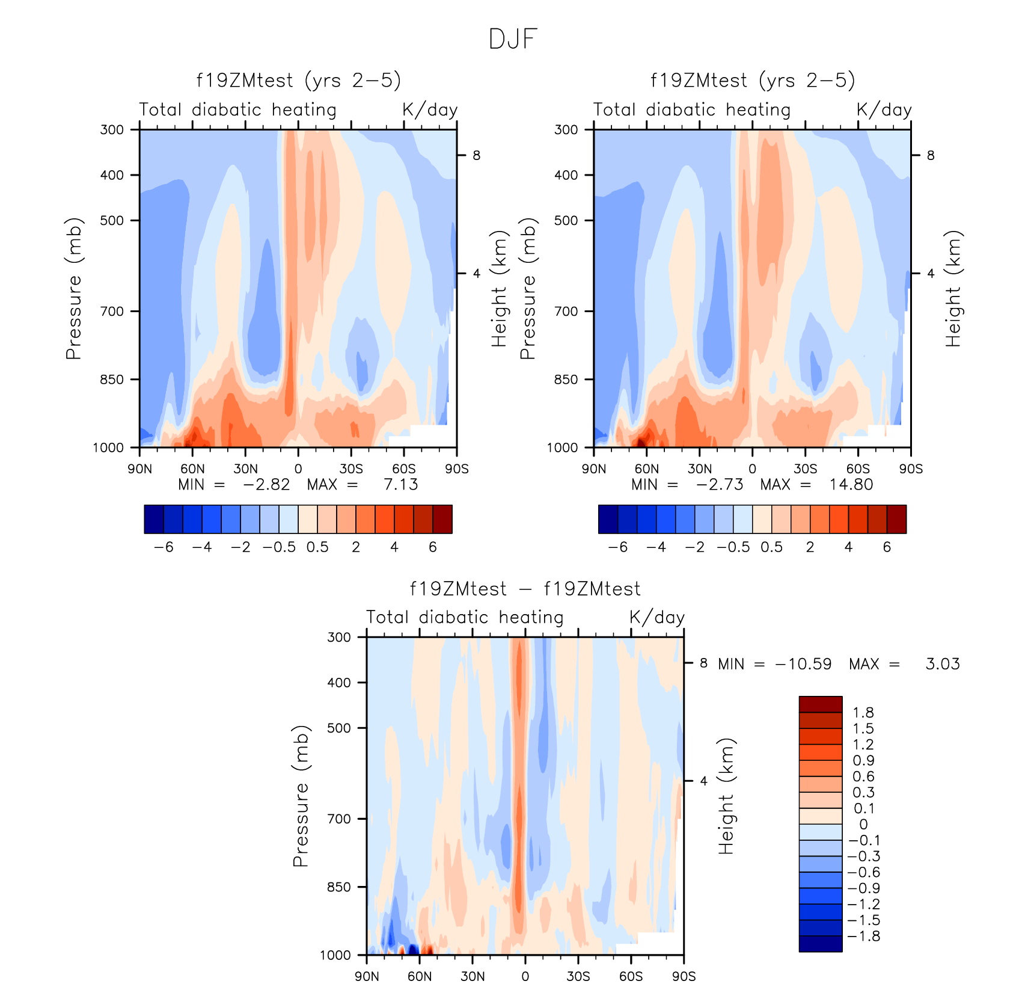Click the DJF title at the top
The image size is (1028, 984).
pyautogui.click(x=513, y=39)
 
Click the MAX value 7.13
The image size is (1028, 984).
pyautogui.click(x=400, y=485)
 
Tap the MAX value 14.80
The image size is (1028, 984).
pyautogui.click(x=851, y=485)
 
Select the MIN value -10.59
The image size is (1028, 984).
pyautogui.click(x=803, y=664)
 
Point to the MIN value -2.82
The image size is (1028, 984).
pyautogui.click(x=266, y=485)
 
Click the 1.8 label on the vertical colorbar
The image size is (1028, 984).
pyautogui.click(x=863, y=713)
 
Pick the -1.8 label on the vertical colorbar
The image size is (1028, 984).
pyautogui.click(x=864, y=936)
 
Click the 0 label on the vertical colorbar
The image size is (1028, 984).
pyautogui.click(x=863, y=825)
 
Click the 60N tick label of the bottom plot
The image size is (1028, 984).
pyautogui.click(x=420, y=976)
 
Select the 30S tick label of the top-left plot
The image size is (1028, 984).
pyautogui.click(x=351, y=469)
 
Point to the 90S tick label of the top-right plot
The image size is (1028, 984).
pyautogui.click(x=911, y=469)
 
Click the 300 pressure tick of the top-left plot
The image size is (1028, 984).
pyautogui.click(x=112, y=129)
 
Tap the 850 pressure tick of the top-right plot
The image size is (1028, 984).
pyautogui.click(x=566, y=380)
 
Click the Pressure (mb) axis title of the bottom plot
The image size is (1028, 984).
pyautogui.click(x=301, y=796)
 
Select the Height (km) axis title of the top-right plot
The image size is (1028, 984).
pyautogui.click(x=953, y=289)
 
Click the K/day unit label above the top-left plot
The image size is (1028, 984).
pyautogui.click(x=430, y=110)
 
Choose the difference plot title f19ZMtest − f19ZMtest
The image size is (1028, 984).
pyautogui.click(x=525, y=589)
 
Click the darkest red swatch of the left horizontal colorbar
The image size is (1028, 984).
pyautogui.click(x=442, y=519)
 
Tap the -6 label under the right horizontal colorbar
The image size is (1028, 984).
pyautogui.click(x=618, y=547)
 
